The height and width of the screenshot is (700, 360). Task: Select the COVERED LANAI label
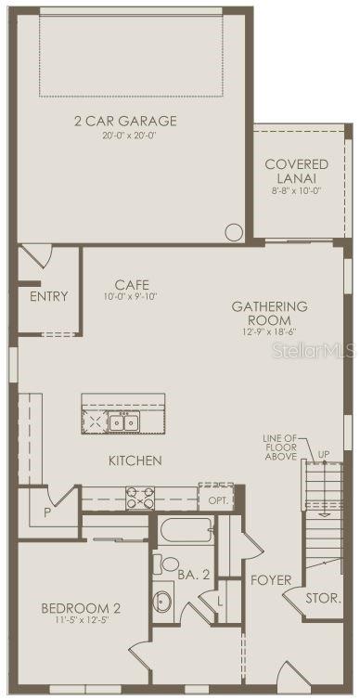(x=296, y=171)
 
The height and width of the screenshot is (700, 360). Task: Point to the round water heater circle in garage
(x=235, y=231)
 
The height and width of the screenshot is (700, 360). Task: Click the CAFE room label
(x=132, y=285)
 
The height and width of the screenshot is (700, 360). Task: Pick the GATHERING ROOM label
(x=269, y=313)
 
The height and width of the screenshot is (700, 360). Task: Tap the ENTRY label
(x=48, y=297)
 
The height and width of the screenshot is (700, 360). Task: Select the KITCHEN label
(x=135, y=460)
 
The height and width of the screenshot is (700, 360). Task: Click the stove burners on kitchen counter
(x=141, y=499)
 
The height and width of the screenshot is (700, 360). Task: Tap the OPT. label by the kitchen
(x=218, y=500)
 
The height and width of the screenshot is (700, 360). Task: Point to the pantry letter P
(x=45, y=512)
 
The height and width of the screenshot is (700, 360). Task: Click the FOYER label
(x=271, y=581)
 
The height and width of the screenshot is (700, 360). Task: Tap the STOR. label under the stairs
(x=322, y=599)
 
